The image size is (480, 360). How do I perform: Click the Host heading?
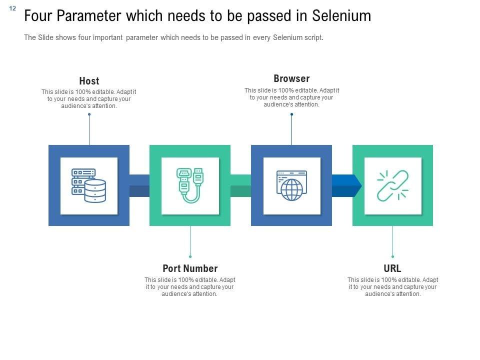[89, 81]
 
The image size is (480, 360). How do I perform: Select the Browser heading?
[291, 78]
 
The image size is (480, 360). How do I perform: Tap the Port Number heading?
[190, 268]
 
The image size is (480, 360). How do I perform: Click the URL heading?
[392, 268]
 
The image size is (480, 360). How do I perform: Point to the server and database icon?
[89, 185]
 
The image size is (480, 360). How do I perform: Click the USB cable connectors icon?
[190, 185]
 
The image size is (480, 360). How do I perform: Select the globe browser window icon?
[291, 185]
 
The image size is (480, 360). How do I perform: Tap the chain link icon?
[392, 185]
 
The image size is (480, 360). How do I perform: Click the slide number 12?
[12, 8]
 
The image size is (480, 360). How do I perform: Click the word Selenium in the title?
[341, 16]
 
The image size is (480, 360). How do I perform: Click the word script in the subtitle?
[312, 37]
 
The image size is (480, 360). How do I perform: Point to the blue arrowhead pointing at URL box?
[356, 185]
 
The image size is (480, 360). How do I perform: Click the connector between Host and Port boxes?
[139, 185]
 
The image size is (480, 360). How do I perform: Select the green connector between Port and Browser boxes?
[240, 185]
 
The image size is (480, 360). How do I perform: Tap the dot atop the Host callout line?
[89, 114]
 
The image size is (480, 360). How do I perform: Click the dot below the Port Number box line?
[190, 256]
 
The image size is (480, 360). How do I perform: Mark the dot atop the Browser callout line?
[291, 114]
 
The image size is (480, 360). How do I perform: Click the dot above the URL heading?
[392, 256]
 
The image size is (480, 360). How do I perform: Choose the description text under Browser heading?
[291, 97]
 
